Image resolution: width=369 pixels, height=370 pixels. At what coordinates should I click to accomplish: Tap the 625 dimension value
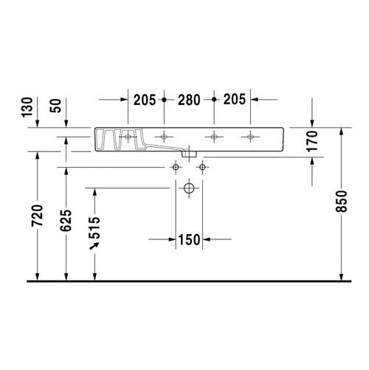tap(66, 221)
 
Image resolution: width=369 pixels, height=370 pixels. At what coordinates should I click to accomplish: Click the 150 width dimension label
tap(189, 239)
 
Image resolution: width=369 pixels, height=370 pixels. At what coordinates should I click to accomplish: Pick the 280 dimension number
tap(188, 98)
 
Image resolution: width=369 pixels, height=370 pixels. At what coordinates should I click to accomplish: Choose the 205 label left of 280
tap(145, 98)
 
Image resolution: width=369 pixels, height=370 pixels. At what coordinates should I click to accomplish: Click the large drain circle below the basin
tap(189, 190)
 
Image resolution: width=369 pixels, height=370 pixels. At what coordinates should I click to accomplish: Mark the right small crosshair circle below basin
tap(201, 168)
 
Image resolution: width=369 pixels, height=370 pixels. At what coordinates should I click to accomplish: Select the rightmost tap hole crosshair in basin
tap(251, 137)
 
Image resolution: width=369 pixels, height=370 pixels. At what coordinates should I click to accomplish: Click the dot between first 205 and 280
tap(165, 98)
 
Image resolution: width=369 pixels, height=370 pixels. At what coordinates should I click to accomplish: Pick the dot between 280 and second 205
tap(213, 98)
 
